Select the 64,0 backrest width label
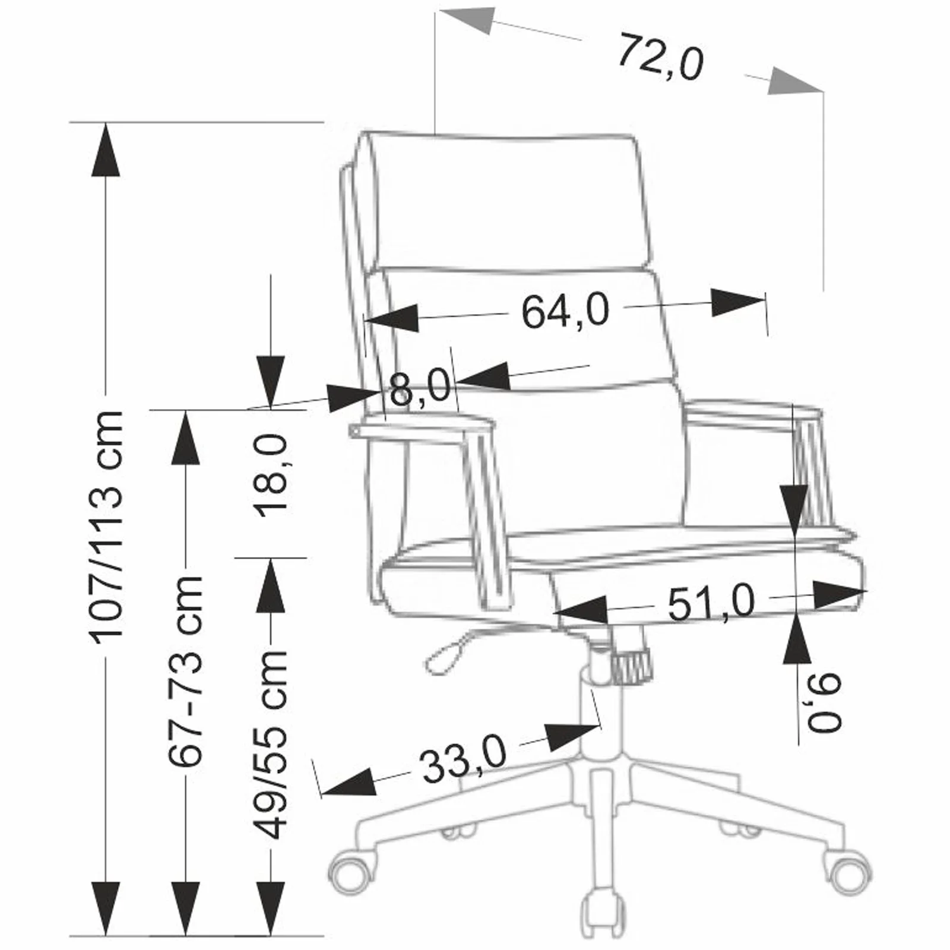pyautogui.click(x=565, y=311)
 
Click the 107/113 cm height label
pyautogui.click(x=107, y=526)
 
